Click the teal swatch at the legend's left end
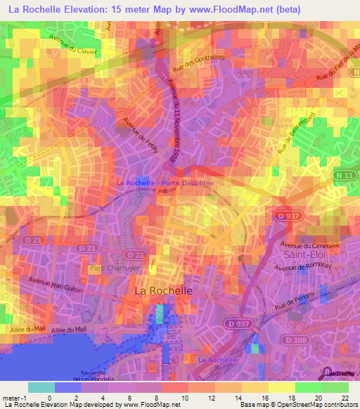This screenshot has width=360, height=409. (x=41, y=387)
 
